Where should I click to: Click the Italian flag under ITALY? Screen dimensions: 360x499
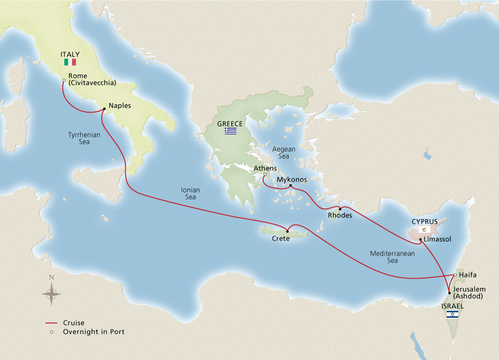pos(70,62)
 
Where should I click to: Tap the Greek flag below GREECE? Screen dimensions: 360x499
pos(231,131)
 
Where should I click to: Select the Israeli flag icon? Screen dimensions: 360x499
pos(452,314)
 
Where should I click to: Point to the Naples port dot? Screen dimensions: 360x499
pos(104,109)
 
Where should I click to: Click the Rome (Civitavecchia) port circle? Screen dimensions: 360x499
pos(63,80)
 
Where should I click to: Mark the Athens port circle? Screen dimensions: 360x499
pos(265,175)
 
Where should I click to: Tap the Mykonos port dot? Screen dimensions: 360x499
pos(290,186)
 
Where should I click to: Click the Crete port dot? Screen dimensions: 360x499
pos(288,232)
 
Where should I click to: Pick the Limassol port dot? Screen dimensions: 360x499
pos(420,240)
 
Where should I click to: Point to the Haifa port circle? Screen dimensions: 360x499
pos(455,274)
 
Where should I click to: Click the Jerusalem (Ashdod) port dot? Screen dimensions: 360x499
pos(449,293)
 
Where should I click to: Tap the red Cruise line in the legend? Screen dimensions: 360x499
pos(51,323)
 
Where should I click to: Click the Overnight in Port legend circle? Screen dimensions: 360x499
pos(51,332)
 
